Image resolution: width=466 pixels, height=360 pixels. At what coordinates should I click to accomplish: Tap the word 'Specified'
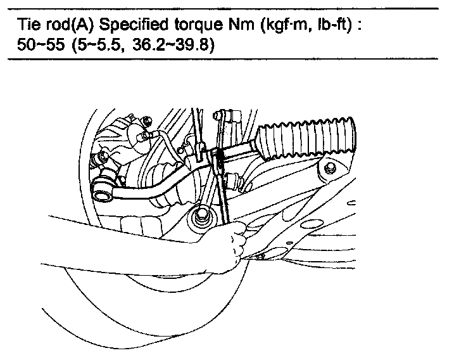tap(127, 28)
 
